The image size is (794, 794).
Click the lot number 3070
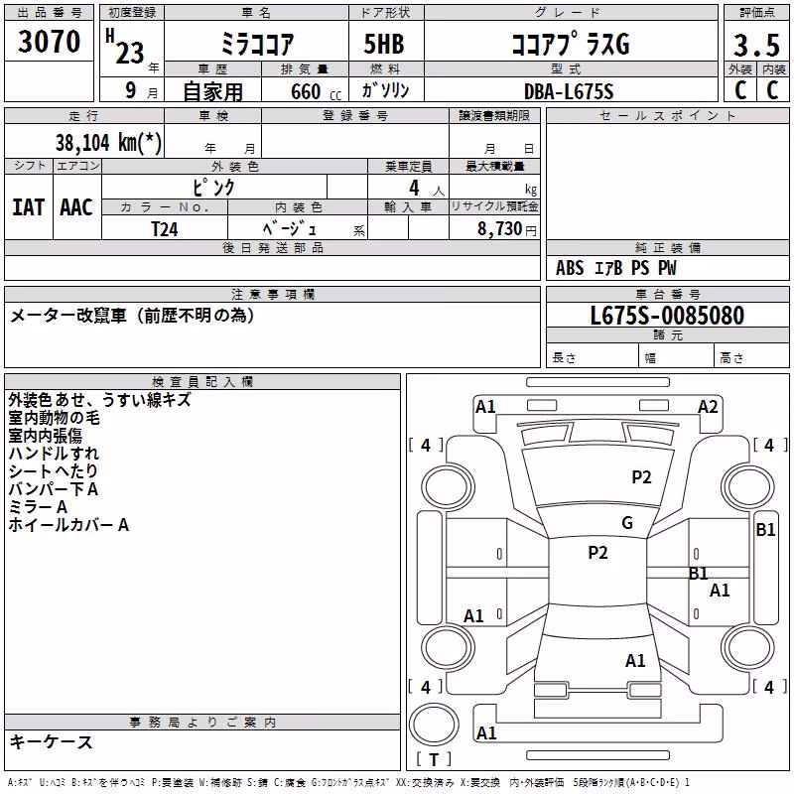coord(49,42)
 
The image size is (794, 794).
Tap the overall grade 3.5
coord(756,46)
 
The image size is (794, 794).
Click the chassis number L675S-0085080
coord(667,316)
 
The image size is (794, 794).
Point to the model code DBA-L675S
coord(569,91)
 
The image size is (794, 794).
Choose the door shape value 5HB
coord(384,44)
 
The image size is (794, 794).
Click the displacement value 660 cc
coord(316,91)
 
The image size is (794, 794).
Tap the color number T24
coord(165,229)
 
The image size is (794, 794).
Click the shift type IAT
coord(29,207)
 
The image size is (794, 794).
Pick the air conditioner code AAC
coord(76,207)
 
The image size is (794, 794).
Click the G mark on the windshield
coord(627,522)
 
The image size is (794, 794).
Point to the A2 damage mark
coord(708,407)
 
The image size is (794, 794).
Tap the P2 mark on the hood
coord(641,477)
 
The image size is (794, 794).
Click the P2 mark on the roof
coord(597,553)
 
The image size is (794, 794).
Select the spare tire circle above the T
coord(434,725)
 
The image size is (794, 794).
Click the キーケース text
coord(52,742)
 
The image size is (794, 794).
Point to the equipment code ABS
coord(570,268)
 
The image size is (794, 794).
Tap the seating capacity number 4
coord(414,188)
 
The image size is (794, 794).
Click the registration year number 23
coord(130,53)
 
